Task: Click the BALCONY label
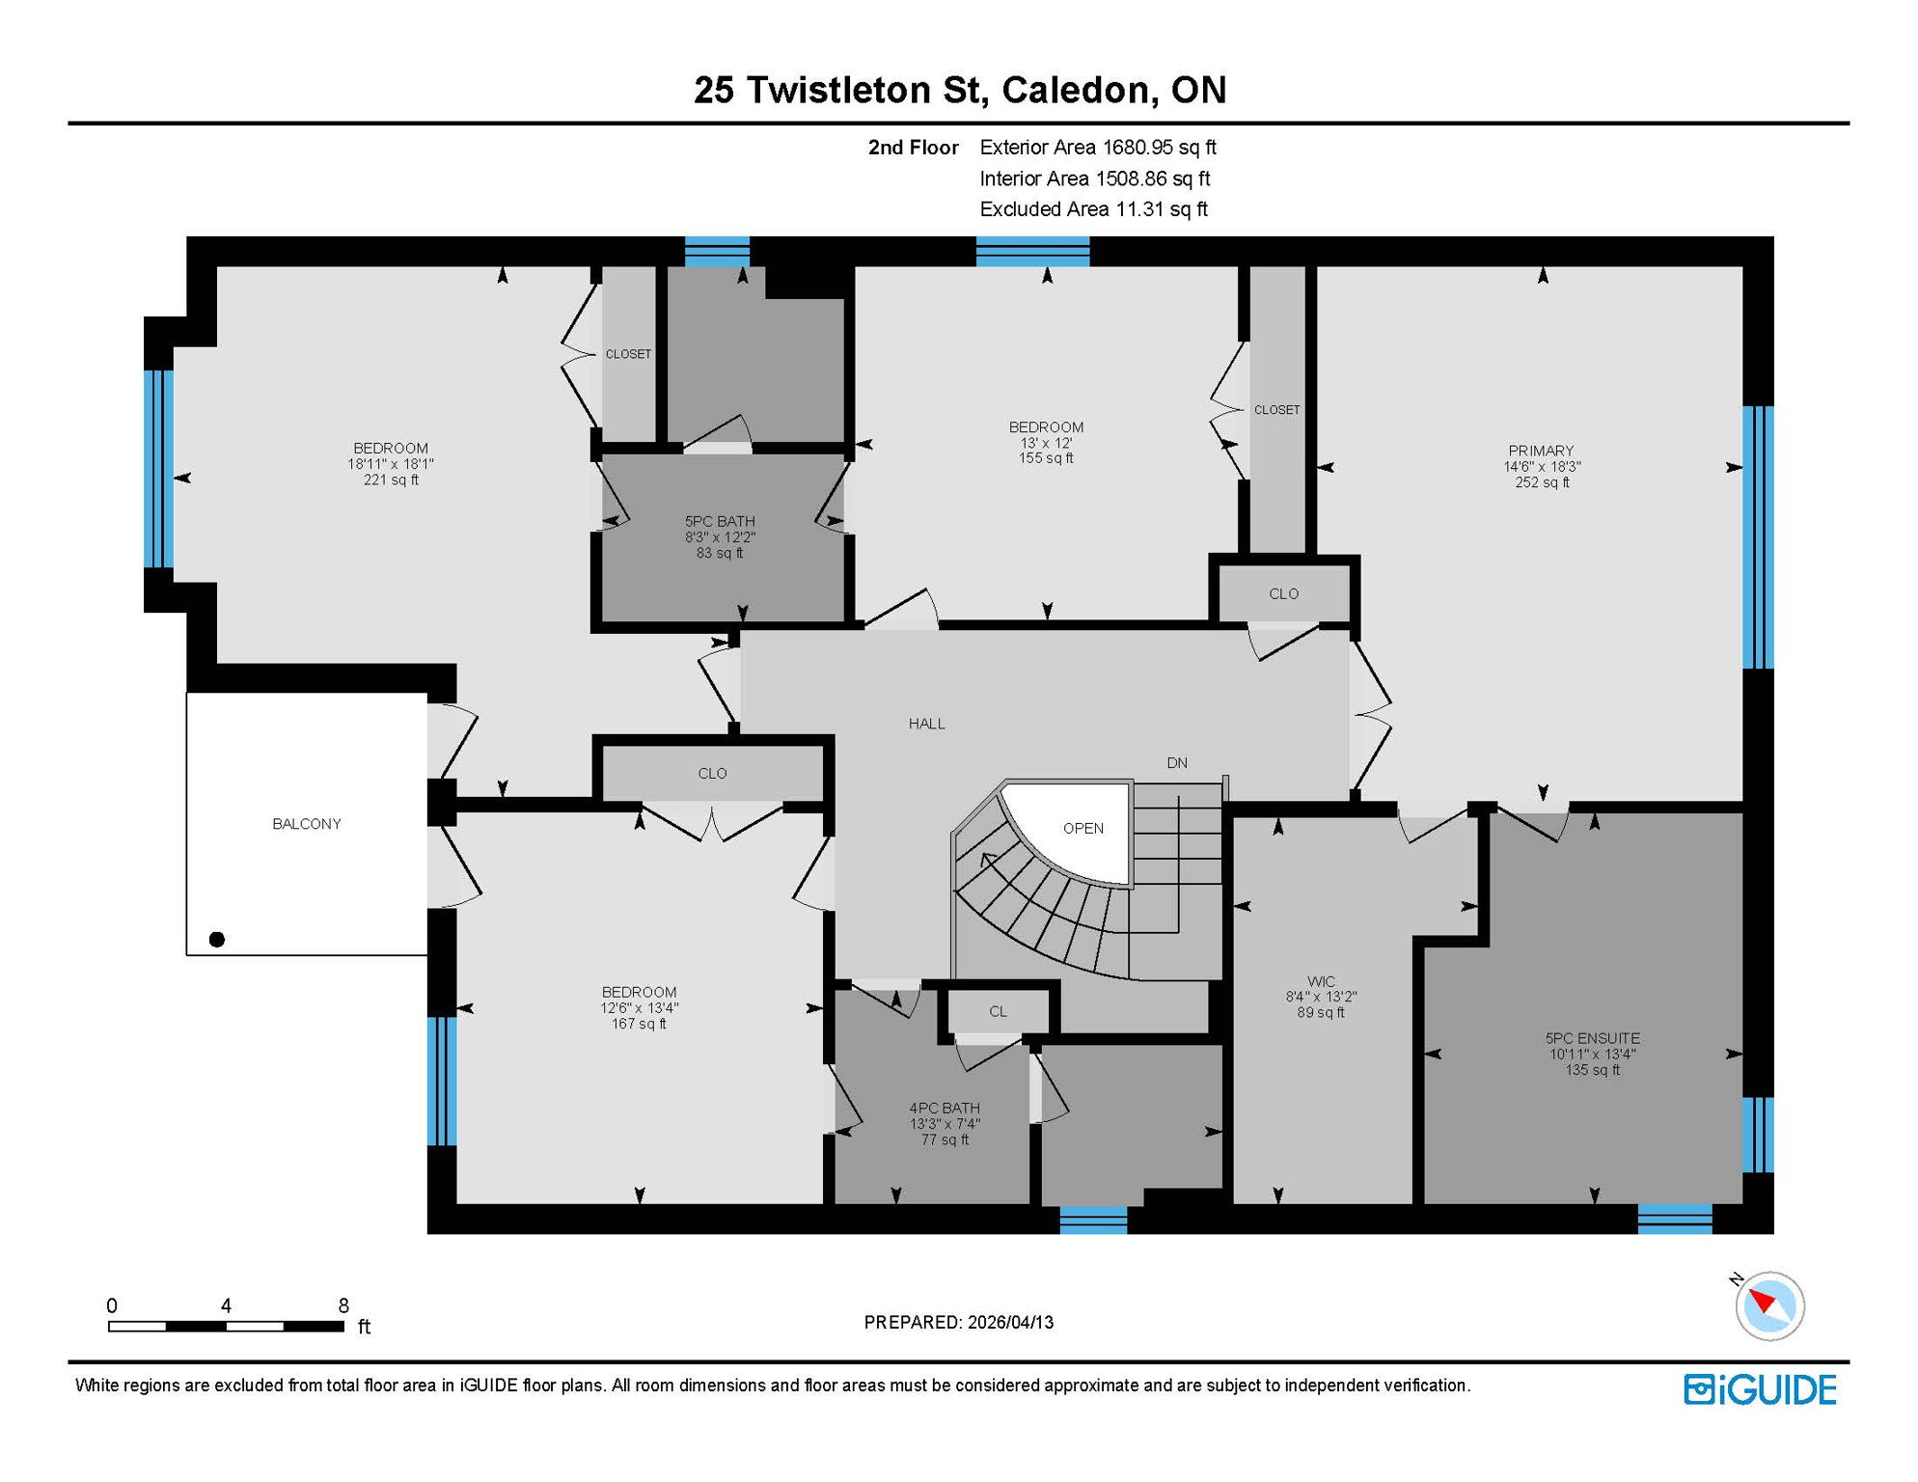click(306, 824)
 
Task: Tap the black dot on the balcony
click(217, 940)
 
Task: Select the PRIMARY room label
click(1541, 451)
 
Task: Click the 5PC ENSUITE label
click(1592, 1039)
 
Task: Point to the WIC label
click(1321, 982)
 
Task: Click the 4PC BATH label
click(944, 1109)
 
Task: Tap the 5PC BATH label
click(720, 522)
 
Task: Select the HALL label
click(926, 724)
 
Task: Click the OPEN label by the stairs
click(1082, 829)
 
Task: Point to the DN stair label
click(1176, 763)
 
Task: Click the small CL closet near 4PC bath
click(998, 1012)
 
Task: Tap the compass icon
click(1769, 1306)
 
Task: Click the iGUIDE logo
click(1760, 1390)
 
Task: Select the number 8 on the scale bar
click(343, 1305)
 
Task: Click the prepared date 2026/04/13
click(1010, 1323)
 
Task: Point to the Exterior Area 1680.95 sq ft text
click(1097, 148)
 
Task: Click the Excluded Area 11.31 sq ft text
click(1093, 209)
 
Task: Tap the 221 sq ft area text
click(391, 480)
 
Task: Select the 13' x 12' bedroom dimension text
click(1046, 443)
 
